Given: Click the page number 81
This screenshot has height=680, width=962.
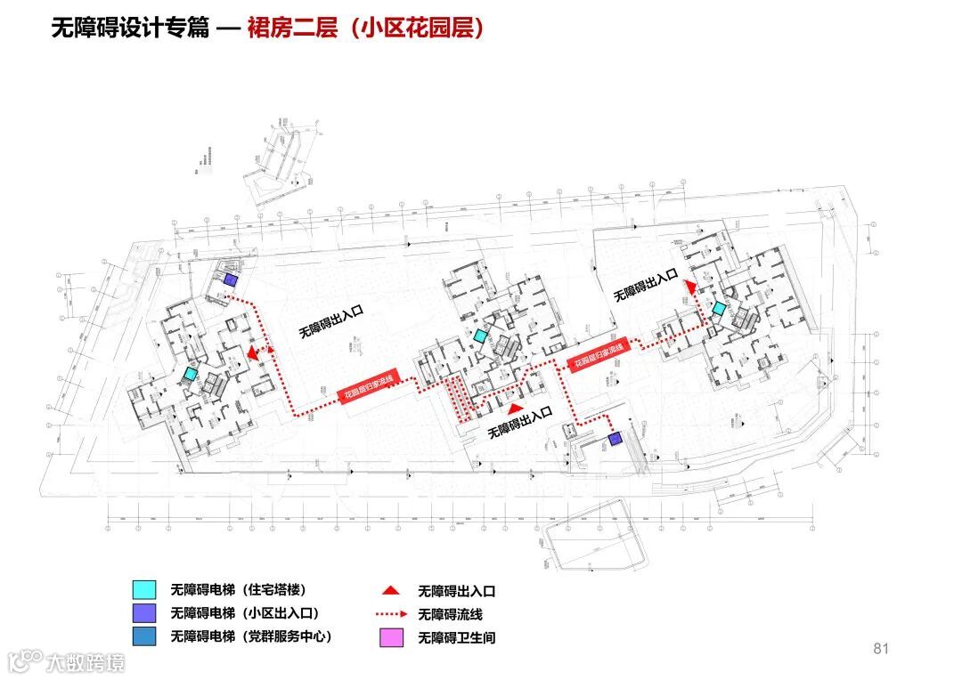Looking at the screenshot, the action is tap(881, 649).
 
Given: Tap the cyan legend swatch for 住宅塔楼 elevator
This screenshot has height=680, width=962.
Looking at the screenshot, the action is tap(143, 589).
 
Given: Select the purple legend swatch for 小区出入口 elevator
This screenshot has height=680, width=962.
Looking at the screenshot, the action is tap(143, 613).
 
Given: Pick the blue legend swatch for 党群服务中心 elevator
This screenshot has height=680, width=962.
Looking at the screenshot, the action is tap(143, 636).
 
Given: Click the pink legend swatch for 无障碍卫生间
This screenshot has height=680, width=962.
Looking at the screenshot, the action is tap(391, 637).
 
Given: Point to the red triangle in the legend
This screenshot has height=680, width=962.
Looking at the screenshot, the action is tap(390, 590).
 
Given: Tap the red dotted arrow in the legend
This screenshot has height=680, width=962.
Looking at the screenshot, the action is tap(391, 614).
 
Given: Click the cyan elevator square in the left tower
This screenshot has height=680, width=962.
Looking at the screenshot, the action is tap(190, 375).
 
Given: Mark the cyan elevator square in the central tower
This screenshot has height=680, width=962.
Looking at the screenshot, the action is tap(481, 336).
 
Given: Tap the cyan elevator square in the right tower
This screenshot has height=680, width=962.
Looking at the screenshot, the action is tap(719, 308).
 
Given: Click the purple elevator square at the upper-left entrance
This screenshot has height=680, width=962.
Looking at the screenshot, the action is tap(230, 280).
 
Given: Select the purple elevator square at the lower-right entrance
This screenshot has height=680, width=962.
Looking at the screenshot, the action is tap(615, 439).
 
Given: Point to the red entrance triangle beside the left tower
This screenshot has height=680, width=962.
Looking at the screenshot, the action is tap(253, 353).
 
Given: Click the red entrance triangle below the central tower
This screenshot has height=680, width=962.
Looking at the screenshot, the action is tap(513, 409).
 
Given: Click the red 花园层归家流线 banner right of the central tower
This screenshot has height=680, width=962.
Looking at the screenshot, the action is tap(599, 354).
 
